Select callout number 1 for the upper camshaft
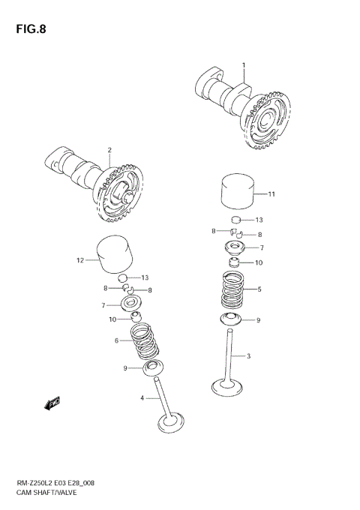pos(244,65)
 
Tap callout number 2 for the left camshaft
pos(109,150)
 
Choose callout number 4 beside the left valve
pos(141,397)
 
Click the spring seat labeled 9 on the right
pos(235,321)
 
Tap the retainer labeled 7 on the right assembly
pos(237,247)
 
